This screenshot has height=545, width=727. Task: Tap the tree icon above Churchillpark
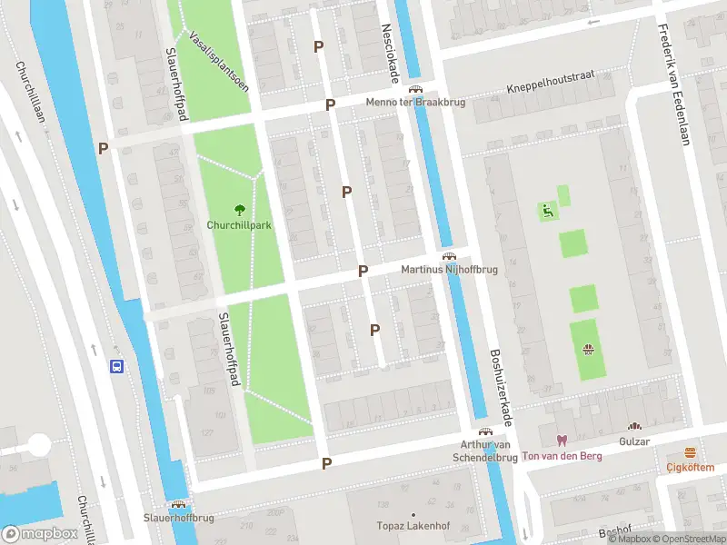[x=241, y=209]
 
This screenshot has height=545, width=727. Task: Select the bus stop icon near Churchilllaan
[x=117, y=367]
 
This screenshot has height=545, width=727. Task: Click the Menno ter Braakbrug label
[x=415, y=103]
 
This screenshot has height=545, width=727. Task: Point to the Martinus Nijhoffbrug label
[x=448, y=271]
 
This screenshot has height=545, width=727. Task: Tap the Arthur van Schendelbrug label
[x=485, y=451]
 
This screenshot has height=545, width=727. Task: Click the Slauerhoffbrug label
[x=178, y=517]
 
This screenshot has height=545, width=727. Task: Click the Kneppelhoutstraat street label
[x=550, y=88]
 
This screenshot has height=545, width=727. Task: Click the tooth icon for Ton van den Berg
[x=561, y=441]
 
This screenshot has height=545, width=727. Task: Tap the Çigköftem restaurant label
[x=690, y=467]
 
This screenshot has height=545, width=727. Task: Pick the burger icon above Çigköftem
[x=690, y=452]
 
